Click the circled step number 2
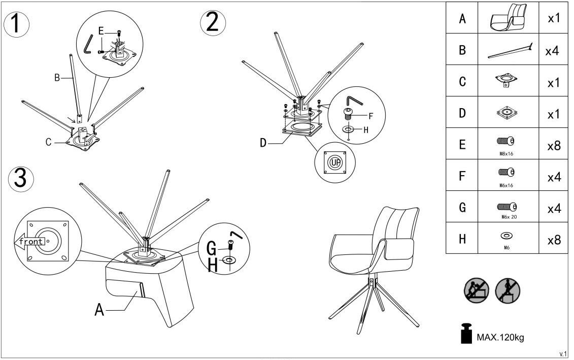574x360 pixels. point(213,23)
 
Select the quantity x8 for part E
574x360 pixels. point(553,145)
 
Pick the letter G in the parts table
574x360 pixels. point(462,208)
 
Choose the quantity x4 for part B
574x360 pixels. point(553,51)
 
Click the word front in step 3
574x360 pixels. point(31,241)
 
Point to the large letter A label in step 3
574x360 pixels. point(99,309)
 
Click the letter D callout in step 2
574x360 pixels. point(263,143)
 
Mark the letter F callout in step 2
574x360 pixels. point(370,115)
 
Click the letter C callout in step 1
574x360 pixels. point(49,142)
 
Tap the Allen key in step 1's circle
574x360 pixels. point(89,43)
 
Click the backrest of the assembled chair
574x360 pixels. point(393,223)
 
